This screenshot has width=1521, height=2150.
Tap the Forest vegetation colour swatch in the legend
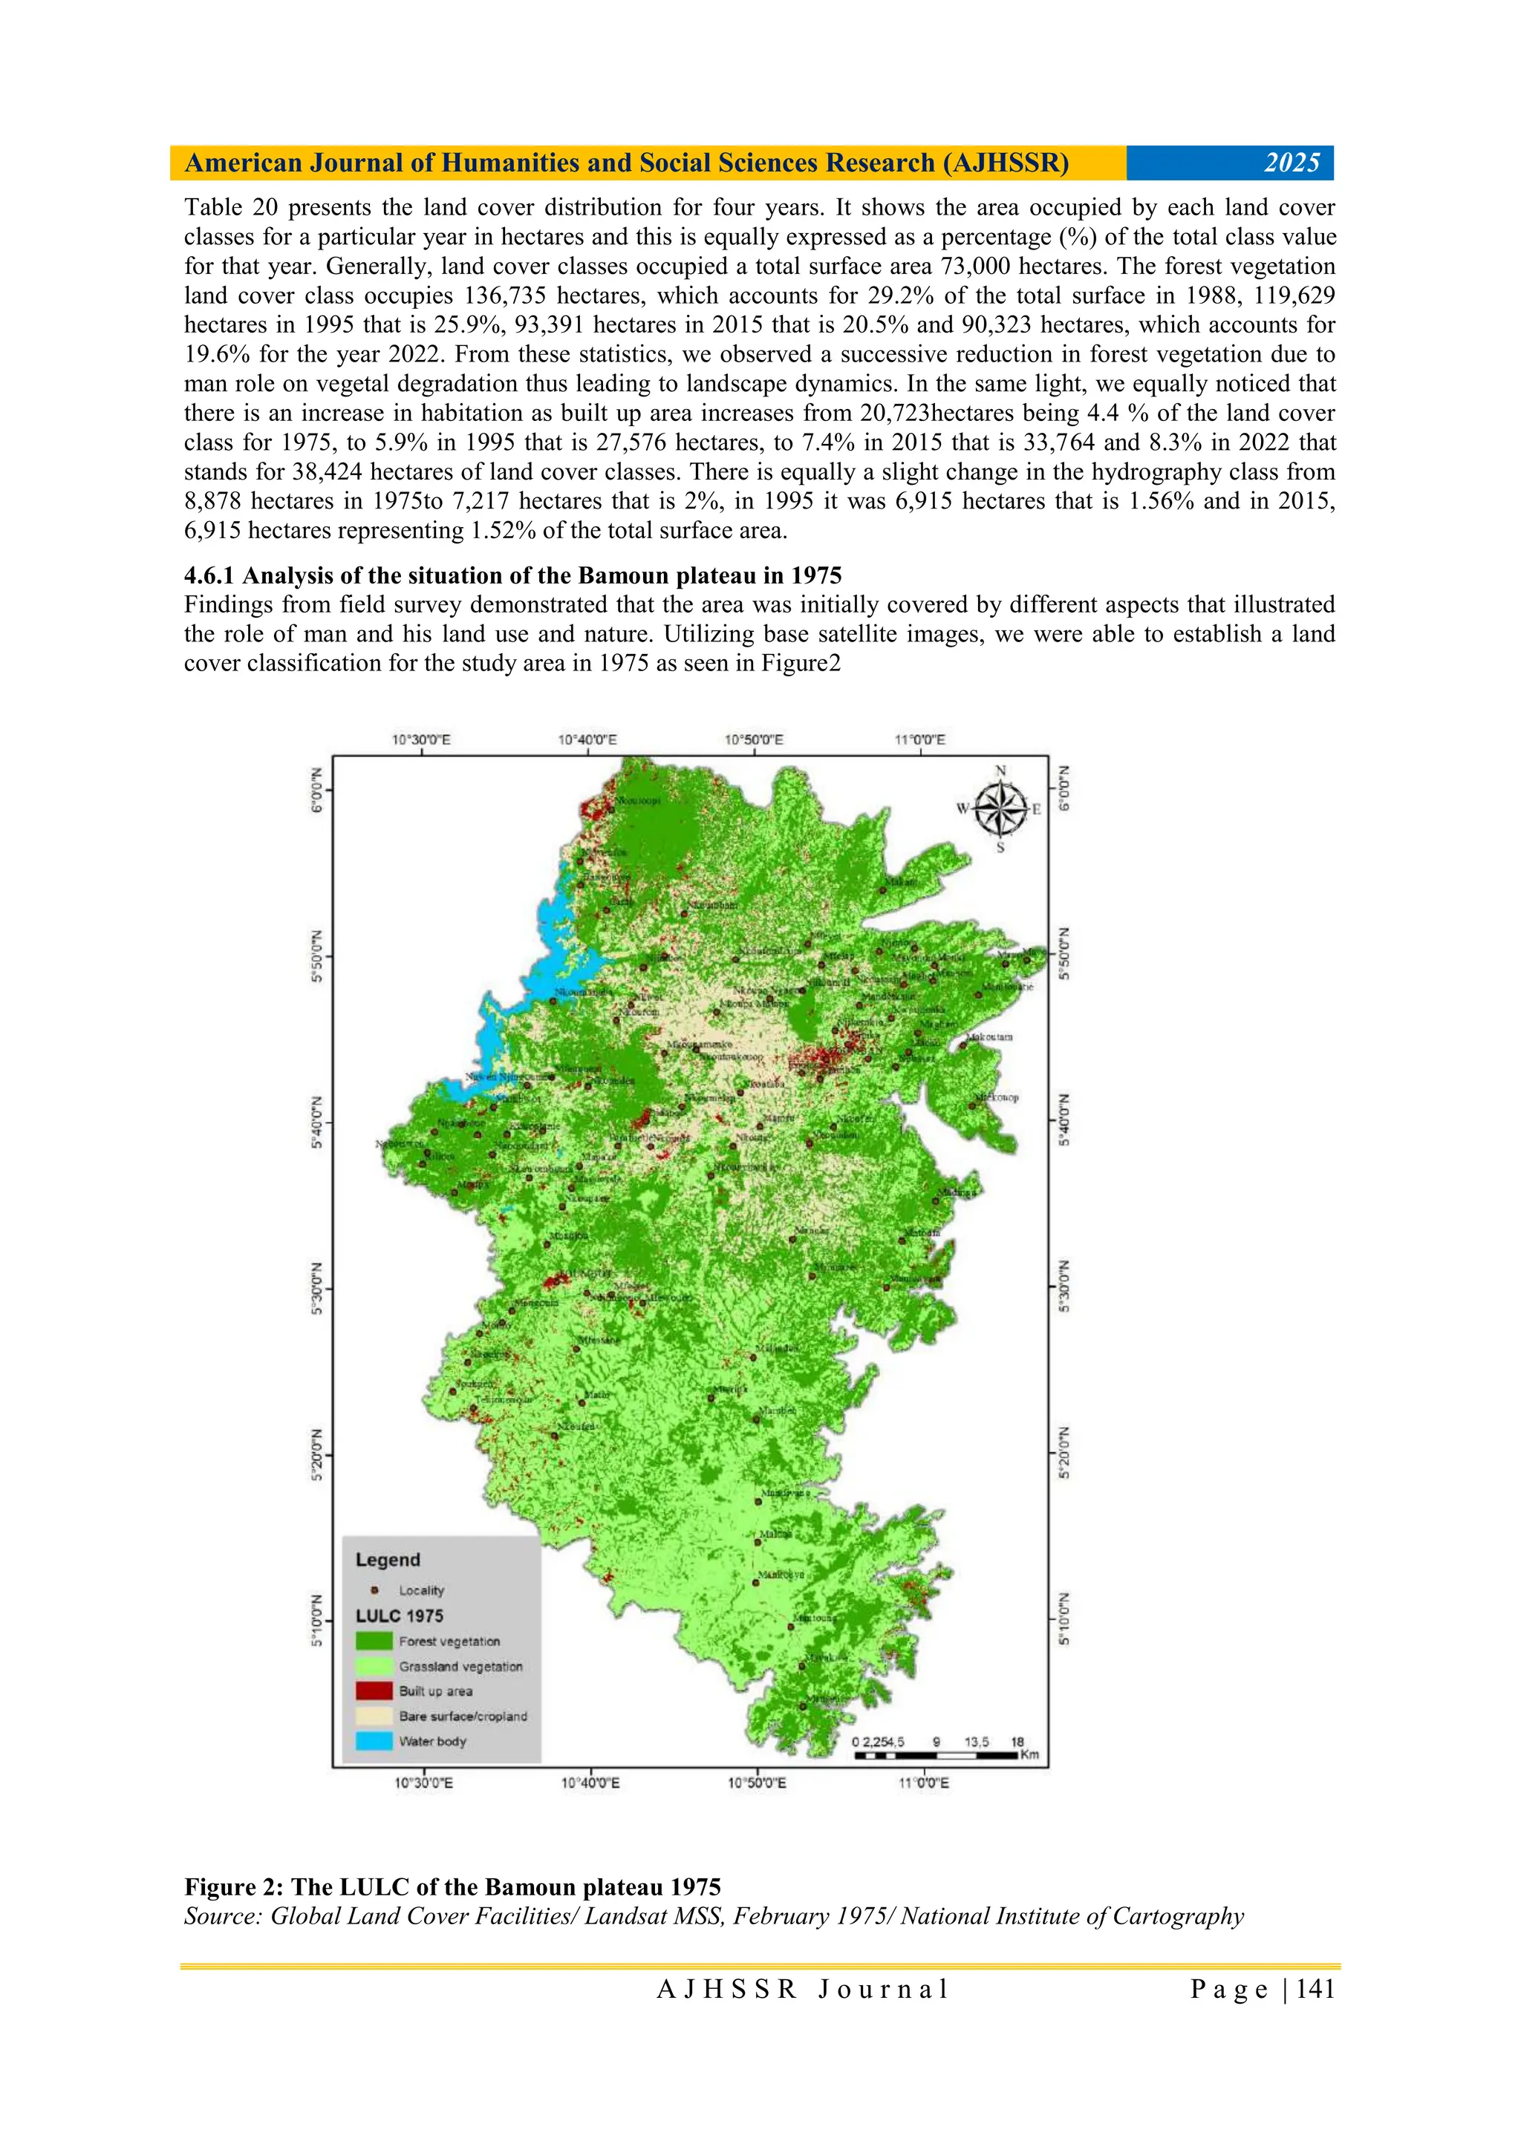tap(374, 1641)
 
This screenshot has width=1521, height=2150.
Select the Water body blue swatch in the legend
tap(374, 1741)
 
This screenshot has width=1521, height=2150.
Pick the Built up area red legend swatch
tap(374, 1690)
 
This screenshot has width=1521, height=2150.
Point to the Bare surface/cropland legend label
tap(463, 1716)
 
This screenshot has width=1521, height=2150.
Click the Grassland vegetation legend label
tap(460, 1666)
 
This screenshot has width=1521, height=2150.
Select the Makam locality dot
tap(882, 889)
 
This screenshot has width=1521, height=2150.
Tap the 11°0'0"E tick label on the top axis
tap(919, 739)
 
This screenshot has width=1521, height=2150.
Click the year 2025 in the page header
tap(1292, 163)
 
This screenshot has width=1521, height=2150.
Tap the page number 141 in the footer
tap(1316, 1989)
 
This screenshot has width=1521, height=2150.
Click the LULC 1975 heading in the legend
tap(399, 1615)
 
